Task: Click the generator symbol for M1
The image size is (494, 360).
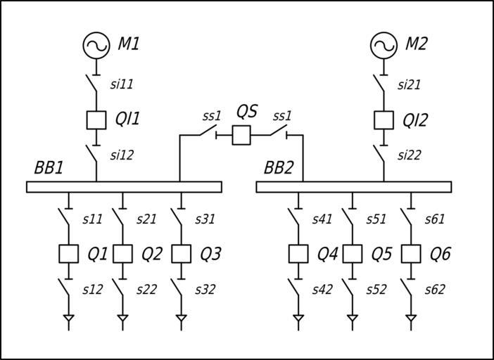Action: [96, 46]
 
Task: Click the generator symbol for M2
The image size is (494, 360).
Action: [384, 46]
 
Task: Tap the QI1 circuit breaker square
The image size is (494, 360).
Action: [96, 120]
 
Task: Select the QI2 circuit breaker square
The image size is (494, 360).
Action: [384, 120]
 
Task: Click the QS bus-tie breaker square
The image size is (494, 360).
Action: [241, 135]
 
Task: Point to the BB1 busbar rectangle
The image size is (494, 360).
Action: [124, 187]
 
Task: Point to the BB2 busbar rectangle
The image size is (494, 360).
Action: [354, 187]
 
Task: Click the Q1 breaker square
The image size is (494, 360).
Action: [68, 253]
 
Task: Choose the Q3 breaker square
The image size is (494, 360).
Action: [182, 253]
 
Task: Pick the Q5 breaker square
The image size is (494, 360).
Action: [353, 253]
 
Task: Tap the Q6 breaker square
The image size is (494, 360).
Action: [411, 253]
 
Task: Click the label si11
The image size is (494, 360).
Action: [122, 85]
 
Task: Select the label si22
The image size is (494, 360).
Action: [409, 155]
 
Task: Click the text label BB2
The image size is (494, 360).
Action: [279, 169]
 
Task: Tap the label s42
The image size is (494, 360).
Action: [323, 289]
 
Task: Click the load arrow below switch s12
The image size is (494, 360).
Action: [68, 320]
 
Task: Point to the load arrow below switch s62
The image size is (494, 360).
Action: [411, 320]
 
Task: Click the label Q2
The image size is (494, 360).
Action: [152, 254]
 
